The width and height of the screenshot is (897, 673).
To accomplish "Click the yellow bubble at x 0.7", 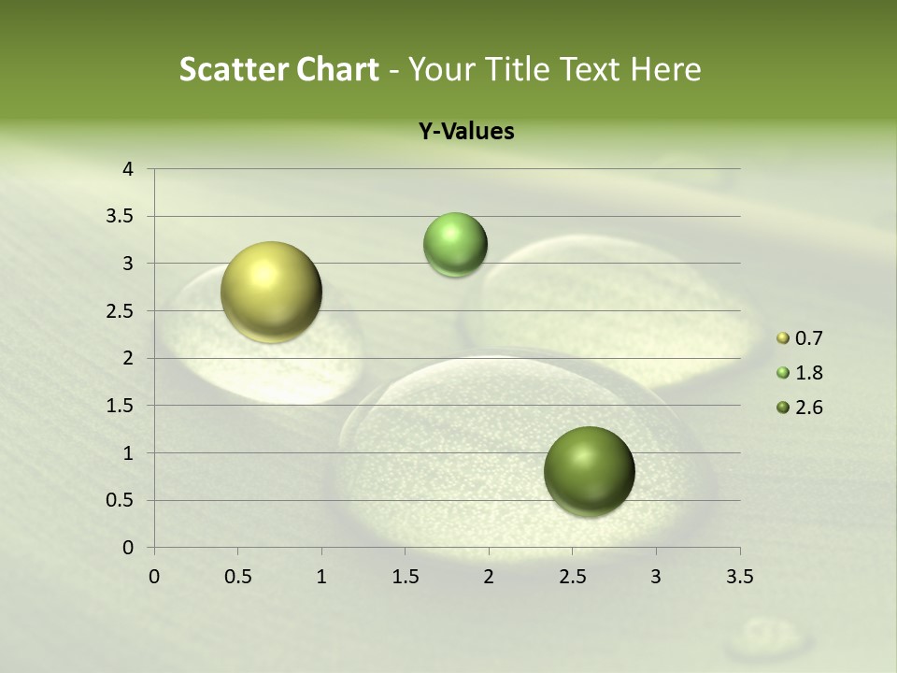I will tap(271, 292).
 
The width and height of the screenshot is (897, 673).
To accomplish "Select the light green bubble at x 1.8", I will tap(455, 244).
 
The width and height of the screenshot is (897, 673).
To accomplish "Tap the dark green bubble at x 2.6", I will tap(589, 471).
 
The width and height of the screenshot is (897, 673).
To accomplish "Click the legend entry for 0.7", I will tap(800, 337).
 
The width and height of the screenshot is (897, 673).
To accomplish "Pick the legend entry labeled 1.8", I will tap(800, 373).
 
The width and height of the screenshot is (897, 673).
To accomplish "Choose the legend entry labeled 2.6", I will tap(800, 408).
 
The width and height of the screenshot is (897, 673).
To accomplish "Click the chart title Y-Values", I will tap(465, 132).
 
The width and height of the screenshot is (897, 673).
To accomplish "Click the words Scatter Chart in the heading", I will tap(278, 69).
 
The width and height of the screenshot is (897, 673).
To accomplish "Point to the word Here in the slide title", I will tap(665, 69).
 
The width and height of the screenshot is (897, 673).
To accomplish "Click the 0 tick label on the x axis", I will tap(154, 577).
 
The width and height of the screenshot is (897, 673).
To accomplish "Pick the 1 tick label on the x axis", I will tap(321, 577).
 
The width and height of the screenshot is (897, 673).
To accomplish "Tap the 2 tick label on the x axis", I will tap(489, 577).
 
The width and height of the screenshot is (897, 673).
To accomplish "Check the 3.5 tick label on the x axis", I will tap(739, 577).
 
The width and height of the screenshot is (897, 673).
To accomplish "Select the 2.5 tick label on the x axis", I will tap(572, 577).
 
